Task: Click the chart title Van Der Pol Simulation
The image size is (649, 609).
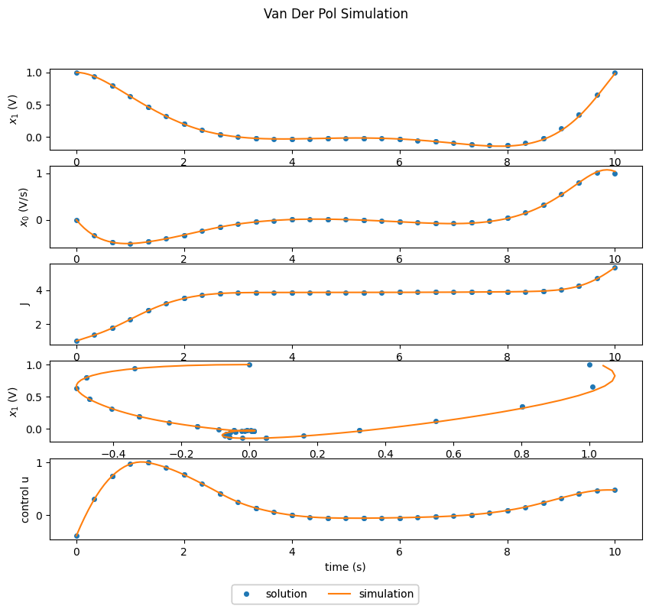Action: pyautogui.click(x=336, y=14)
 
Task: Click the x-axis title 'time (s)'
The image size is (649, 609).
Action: pyautogui.click(x=346, y=566)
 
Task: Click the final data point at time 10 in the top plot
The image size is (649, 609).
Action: pyautogui.click(x=615, y=73)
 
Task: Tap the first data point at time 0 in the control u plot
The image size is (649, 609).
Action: pyautogui.click(x=76, y=536)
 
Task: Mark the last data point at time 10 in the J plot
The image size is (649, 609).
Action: pyautogui.click(x=615, y=267)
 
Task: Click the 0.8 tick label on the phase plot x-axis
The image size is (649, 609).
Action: pyautogui.click(x=521, y=452)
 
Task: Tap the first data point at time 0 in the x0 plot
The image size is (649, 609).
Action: pyautogui.click(x=76, y=220)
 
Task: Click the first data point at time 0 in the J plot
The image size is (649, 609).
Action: pyautogui.click(x=76, y=341)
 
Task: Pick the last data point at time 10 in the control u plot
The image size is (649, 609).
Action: pyautogui.click(x=615, y=490)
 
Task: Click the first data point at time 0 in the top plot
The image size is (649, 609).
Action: pyautogui.click(x=76, y=73)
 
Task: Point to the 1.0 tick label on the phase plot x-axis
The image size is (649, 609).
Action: pyautogui.click(x=589, y=452)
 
